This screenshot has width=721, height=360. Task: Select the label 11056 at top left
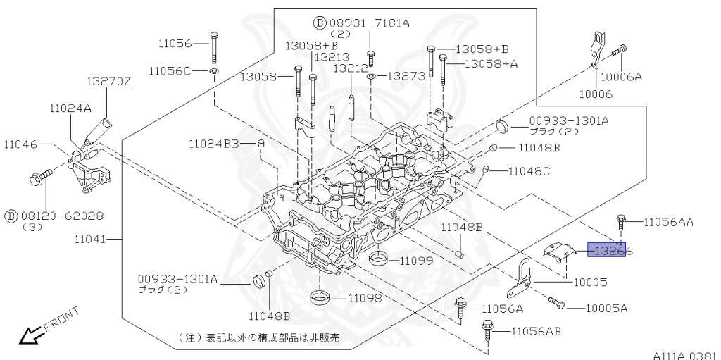tap(174, 44)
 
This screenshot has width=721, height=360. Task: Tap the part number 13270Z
tap(109, 82)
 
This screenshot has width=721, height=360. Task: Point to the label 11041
tap(89, 240)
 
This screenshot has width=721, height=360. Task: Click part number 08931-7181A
tap(371, 23)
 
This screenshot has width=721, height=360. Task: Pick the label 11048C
tap(528, 171)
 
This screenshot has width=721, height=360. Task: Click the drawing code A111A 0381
tap(682, 354)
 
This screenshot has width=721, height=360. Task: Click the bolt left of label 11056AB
tap(487, 330)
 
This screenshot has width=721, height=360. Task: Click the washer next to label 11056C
tap(213, 71)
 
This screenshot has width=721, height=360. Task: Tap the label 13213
tap(331, 57)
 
